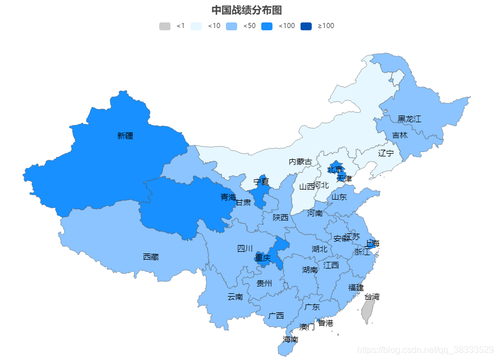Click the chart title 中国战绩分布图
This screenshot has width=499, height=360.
246,10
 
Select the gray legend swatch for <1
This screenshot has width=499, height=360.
164,26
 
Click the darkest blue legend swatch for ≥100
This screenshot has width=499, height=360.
306,26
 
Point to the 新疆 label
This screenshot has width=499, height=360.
125,136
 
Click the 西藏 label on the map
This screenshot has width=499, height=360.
151,257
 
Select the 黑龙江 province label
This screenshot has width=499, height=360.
409,119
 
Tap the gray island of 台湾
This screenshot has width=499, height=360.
368,310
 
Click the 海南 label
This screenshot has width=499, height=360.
290,339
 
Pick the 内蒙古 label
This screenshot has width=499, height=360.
300,161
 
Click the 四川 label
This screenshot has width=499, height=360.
245,248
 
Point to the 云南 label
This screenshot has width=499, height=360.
235,297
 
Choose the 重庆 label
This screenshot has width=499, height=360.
262,258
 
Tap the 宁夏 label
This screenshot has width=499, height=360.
261,182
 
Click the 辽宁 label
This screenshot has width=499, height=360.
386,153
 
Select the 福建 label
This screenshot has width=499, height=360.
355,288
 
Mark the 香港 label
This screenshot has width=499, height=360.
325,323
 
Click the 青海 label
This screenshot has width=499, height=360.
228,197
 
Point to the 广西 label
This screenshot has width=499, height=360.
276,316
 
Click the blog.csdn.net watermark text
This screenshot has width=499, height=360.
427,349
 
